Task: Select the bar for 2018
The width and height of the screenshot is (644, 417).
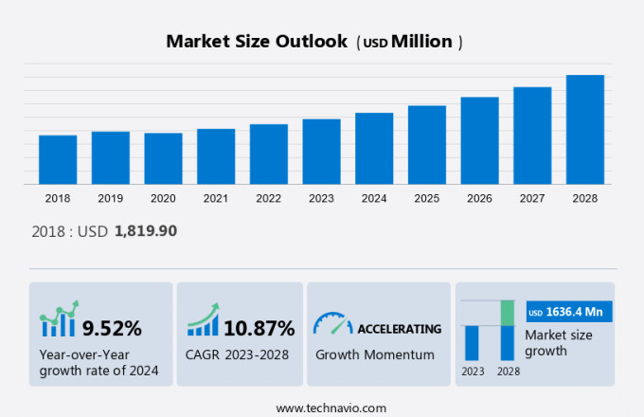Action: (x=58, y=159)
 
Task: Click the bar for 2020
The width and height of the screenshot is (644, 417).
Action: (x=163, y=158)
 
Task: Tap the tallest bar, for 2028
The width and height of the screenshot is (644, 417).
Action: (x=585, y=129)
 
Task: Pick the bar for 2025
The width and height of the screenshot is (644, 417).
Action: (x=427, y=144)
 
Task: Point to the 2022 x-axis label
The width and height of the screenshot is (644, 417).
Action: (x=268, y=199)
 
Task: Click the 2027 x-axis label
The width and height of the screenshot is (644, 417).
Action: (x=532, y=199)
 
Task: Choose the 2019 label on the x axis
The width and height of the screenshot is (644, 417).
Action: (x=110, y=199)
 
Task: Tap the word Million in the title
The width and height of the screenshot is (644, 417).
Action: (x=421, y=42)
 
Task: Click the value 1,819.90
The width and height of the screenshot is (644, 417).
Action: (x=146, y=230)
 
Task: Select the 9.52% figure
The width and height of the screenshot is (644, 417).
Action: (x=112, y=329)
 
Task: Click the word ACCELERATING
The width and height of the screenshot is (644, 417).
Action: (x=399, y=329)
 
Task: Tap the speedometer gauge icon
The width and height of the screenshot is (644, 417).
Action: (x=332, y=324)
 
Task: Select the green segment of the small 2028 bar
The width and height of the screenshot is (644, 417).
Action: (x=508, y=313)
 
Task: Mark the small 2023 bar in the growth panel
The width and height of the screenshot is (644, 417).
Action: (x=472, y=342)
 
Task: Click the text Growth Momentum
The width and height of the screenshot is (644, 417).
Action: (x=374, y=354)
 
